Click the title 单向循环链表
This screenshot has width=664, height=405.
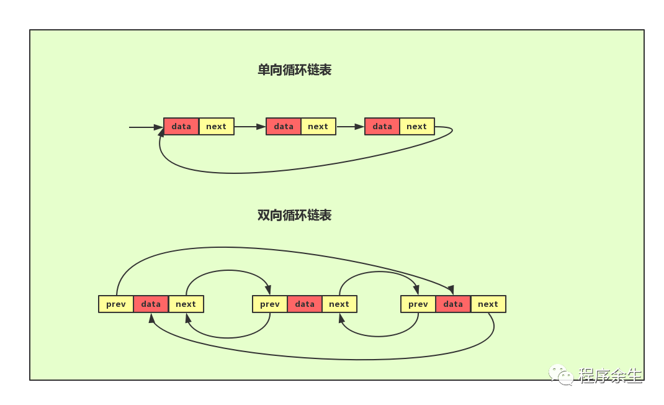point(294,70)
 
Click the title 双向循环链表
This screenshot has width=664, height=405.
point(294,215)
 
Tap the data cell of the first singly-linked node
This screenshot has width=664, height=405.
point(181,127)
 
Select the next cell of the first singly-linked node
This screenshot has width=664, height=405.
point(216,127)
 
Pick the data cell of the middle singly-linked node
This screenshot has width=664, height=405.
point(284,127)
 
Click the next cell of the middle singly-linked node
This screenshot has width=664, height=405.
point(318,127)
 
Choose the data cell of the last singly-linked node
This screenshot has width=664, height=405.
point(382,127)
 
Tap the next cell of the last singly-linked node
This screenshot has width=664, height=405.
point(416,127)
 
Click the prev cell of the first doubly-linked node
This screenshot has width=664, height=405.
point(116,304)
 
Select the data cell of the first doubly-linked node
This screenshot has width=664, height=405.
point(151,304)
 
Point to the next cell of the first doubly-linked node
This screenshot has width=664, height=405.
point(186,304)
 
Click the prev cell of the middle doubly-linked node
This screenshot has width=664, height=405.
point(270,304)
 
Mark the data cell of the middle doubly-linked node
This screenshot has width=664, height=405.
point(305,304)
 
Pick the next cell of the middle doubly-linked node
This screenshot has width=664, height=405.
point(339,304)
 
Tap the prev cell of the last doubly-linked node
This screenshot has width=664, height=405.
point(418,304)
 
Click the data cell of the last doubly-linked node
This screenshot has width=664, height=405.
point(453,304)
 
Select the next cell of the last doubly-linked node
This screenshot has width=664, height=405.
point(488,304)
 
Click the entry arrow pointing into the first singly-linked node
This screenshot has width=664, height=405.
point(146,127)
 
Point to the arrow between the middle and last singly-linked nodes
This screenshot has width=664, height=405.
point(350,127)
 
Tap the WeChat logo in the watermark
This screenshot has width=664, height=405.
point(561,374)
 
